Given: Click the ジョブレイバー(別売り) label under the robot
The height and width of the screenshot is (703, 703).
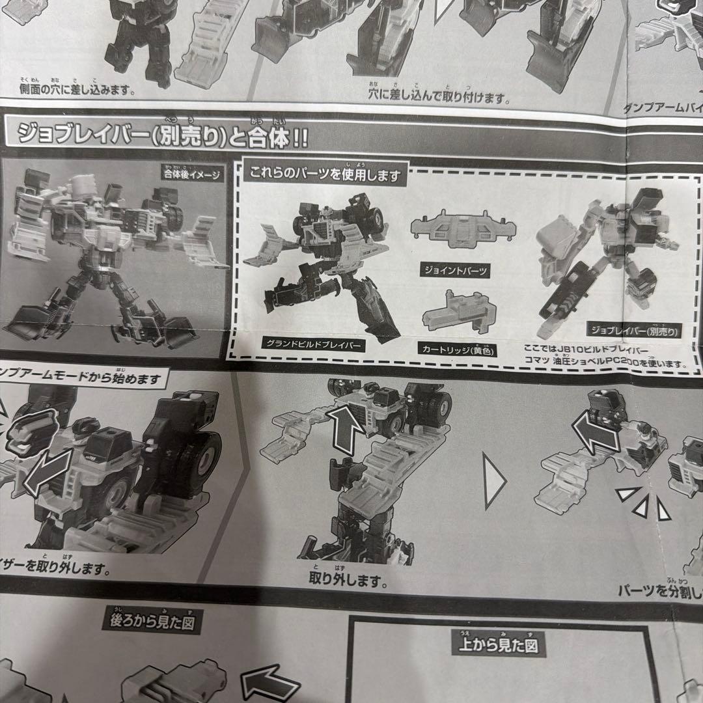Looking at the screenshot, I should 632,330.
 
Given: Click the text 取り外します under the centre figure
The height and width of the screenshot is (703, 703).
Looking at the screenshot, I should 348,579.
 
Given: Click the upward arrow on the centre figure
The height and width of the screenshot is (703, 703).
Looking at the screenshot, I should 344,429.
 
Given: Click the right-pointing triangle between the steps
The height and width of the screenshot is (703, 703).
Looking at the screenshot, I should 494,482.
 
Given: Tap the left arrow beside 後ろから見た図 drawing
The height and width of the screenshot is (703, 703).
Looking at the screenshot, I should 269,683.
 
